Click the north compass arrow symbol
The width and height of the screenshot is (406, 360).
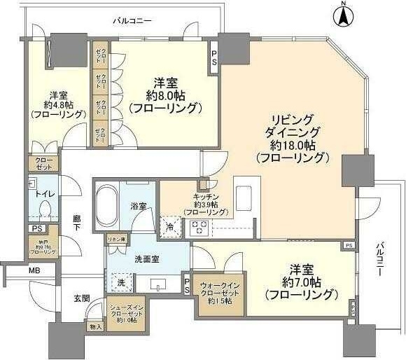point(343,15)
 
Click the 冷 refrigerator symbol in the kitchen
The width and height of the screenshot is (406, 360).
point(171,226)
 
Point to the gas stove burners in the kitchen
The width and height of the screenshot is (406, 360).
point(198,226)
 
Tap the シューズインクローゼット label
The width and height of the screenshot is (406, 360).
point(127,311)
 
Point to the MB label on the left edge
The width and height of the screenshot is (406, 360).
point(34,270)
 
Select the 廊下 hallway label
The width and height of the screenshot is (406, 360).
point(77,223)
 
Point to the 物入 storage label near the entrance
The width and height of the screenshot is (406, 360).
point(96,326)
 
